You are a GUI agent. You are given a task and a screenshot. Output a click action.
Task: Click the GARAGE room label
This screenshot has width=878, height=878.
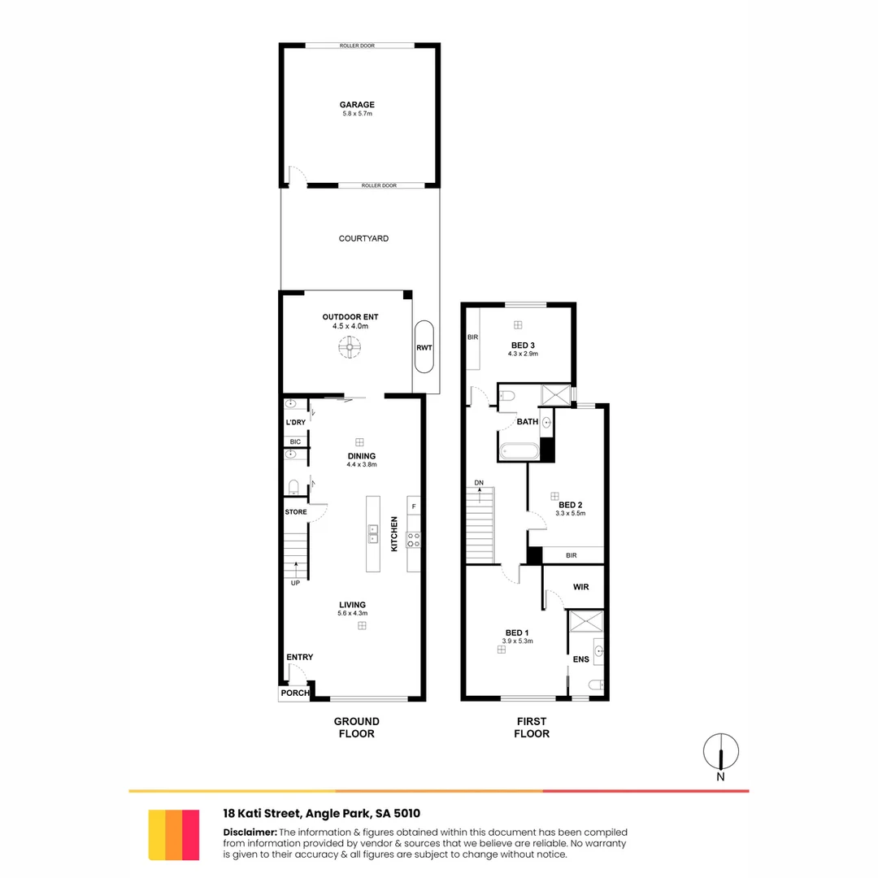[x=357, y=105]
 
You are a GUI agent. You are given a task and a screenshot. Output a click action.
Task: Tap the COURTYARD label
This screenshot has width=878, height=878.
[x=363, y=239]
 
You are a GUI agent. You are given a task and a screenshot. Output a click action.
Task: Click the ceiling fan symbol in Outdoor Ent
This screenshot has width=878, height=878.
[x=350, y=348]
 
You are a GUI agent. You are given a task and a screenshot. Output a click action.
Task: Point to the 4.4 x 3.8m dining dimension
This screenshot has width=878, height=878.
[x=362, y=465]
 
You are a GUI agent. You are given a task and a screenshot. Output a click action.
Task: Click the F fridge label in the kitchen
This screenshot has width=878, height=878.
[x=414, y=507]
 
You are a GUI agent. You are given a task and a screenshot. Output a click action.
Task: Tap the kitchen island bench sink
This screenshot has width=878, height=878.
[x=373, y=533]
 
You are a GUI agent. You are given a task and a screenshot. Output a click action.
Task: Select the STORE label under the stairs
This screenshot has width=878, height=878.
[x=296, y=512]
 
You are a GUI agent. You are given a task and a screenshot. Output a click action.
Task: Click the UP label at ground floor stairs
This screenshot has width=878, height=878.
[x=295, y=583]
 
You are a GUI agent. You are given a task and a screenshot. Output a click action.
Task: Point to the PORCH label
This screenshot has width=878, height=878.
[x=294, y=693]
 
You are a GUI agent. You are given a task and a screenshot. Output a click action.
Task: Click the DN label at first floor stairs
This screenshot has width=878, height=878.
[x=480, y=484]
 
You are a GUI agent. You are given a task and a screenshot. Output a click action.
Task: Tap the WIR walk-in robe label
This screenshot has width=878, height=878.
[x=580, y=585]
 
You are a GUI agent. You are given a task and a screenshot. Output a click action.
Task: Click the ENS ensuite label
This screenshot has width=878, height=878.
[x=580, y=659]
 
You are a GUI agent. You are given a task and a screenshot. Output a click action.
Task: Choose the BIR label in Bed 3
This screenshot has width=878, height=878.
[x=472, y=337]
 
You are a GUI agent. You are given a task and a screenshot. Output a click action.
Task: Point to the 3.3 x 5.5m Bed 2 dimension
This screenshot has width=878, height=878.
[x=570, y=514]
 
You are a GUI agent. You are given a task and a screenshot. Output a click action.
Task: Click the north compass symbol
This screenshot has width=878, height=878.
[x=721, y=752]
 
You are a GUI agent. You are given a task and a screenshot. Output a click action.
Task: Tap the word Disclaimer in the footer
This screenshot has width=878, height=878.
[x=250, y=832]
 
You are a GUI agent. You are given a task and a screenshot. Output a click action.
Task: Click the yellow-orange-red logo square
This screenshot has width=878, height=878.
[x=174, y=835]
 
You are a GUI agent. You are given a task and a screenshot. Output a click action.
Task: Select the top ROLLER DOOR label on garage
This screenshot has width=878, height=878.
[x=357, y=46]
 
